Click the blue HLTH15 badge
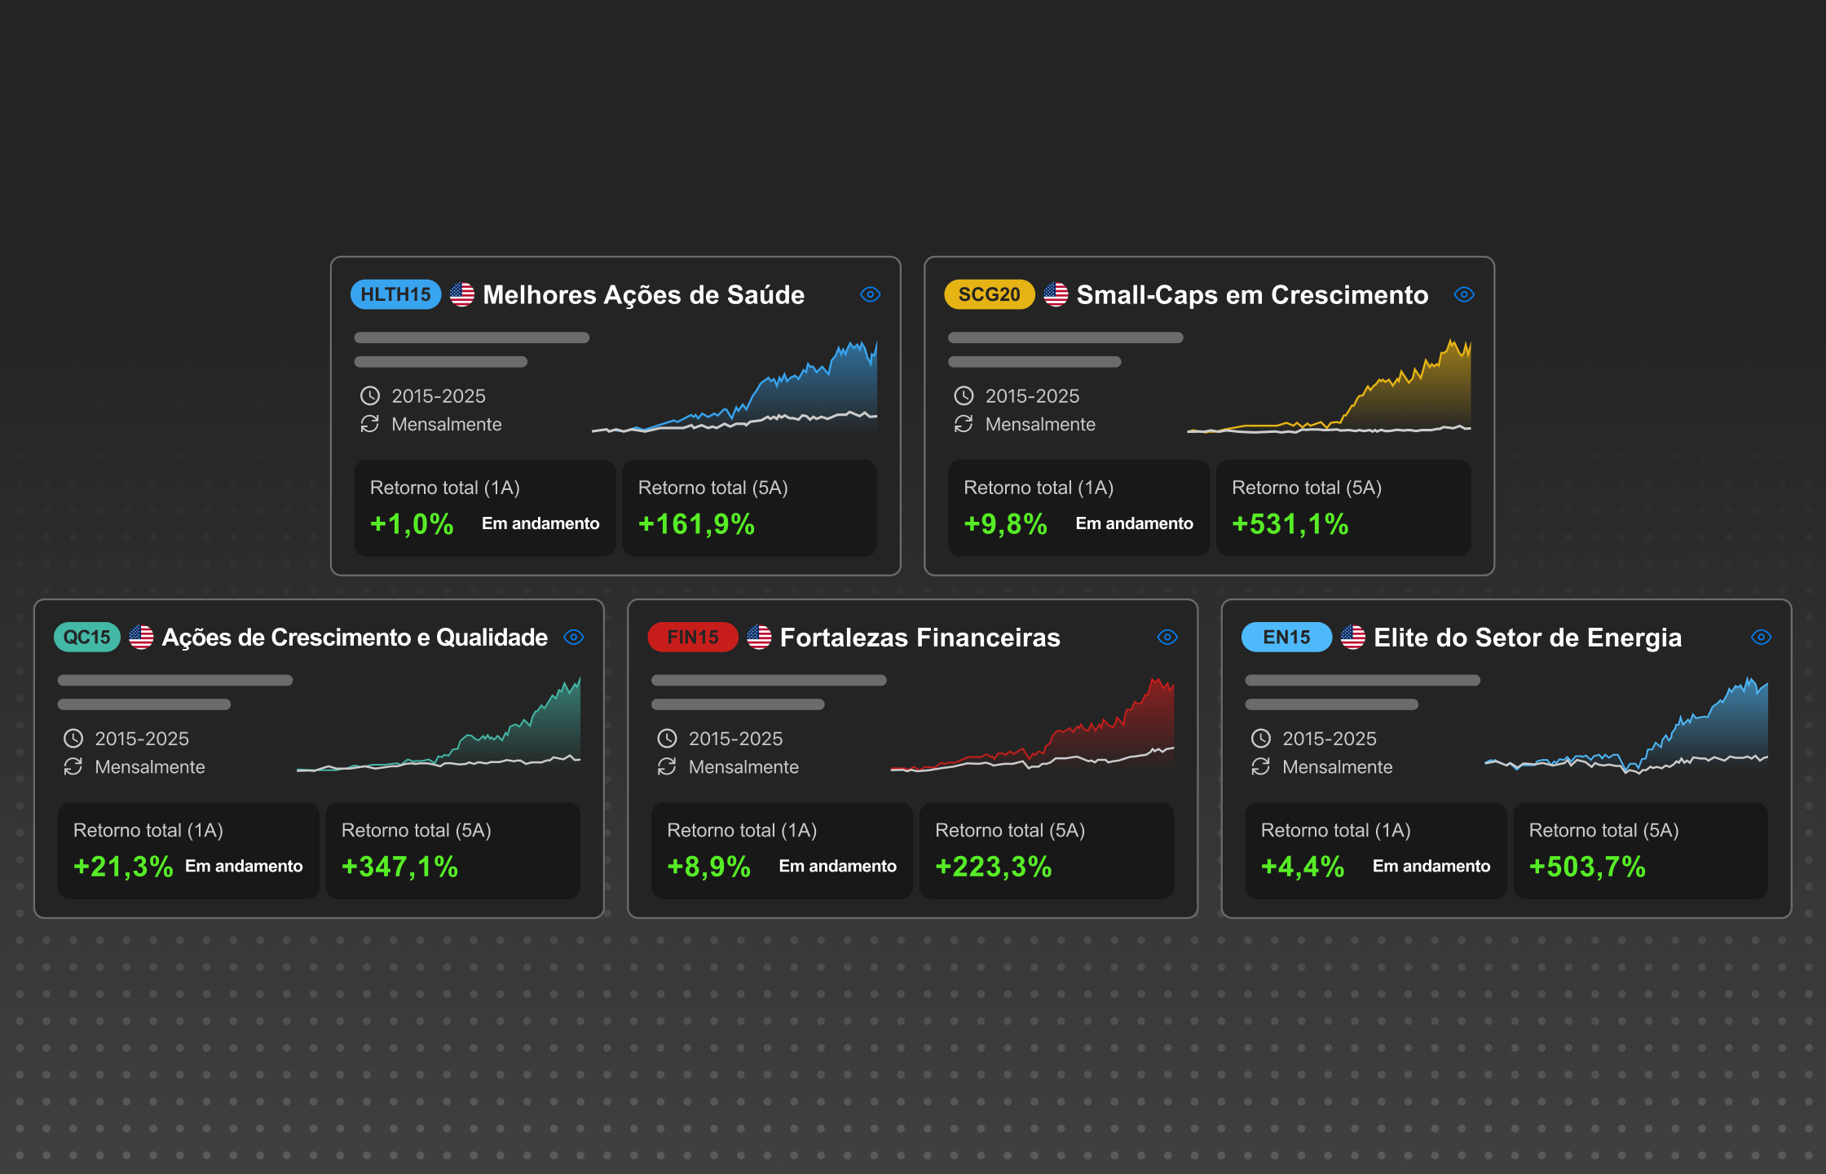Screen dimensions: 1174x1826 pos(395,294)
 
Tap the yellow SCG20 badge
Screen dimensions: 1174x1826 pos(989,294)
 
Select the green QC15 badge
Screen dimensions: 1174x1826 pos(86,637)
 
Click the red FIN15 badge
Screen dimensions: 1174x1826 pos(692,637)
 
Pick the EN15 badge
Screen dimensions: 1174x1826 pos(1286,637)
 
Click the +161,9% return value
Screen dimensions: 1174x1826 pos(696,524)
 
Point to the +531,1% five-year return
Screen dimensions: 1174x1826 pos(1290,524)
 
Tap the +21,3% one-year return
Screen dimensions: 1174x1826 pos(123,867)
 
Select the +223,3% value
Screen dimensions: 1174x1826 pos(993,867)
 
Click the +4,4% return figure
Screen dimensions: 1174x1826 pos(1302,867)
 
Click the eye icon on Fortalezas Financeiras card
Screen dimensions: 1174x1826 pos(1167,637)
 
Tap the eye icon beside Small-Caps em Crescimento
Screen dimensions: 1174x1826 pos(1464,294)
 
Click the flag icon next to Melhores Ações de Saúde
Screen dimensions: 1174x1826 pos(462,294)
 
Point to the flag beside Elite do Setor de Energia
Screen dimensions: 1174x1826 pos(1353,637)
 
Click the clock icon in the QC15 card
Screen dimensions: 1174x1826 pos(73,739)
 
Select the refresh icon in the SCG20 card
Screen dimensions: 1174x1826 pos(964,424)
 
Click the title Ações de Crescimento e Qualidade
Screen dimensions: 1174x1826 pos(355,637)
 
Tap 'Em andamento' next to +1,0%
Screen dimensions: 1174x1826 pos(540,523)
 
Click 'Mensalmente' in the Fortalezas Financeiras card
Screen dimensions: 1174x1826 pos(743,766)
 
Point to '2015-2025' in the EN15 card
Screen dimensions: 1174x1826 pos(1329,739)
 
